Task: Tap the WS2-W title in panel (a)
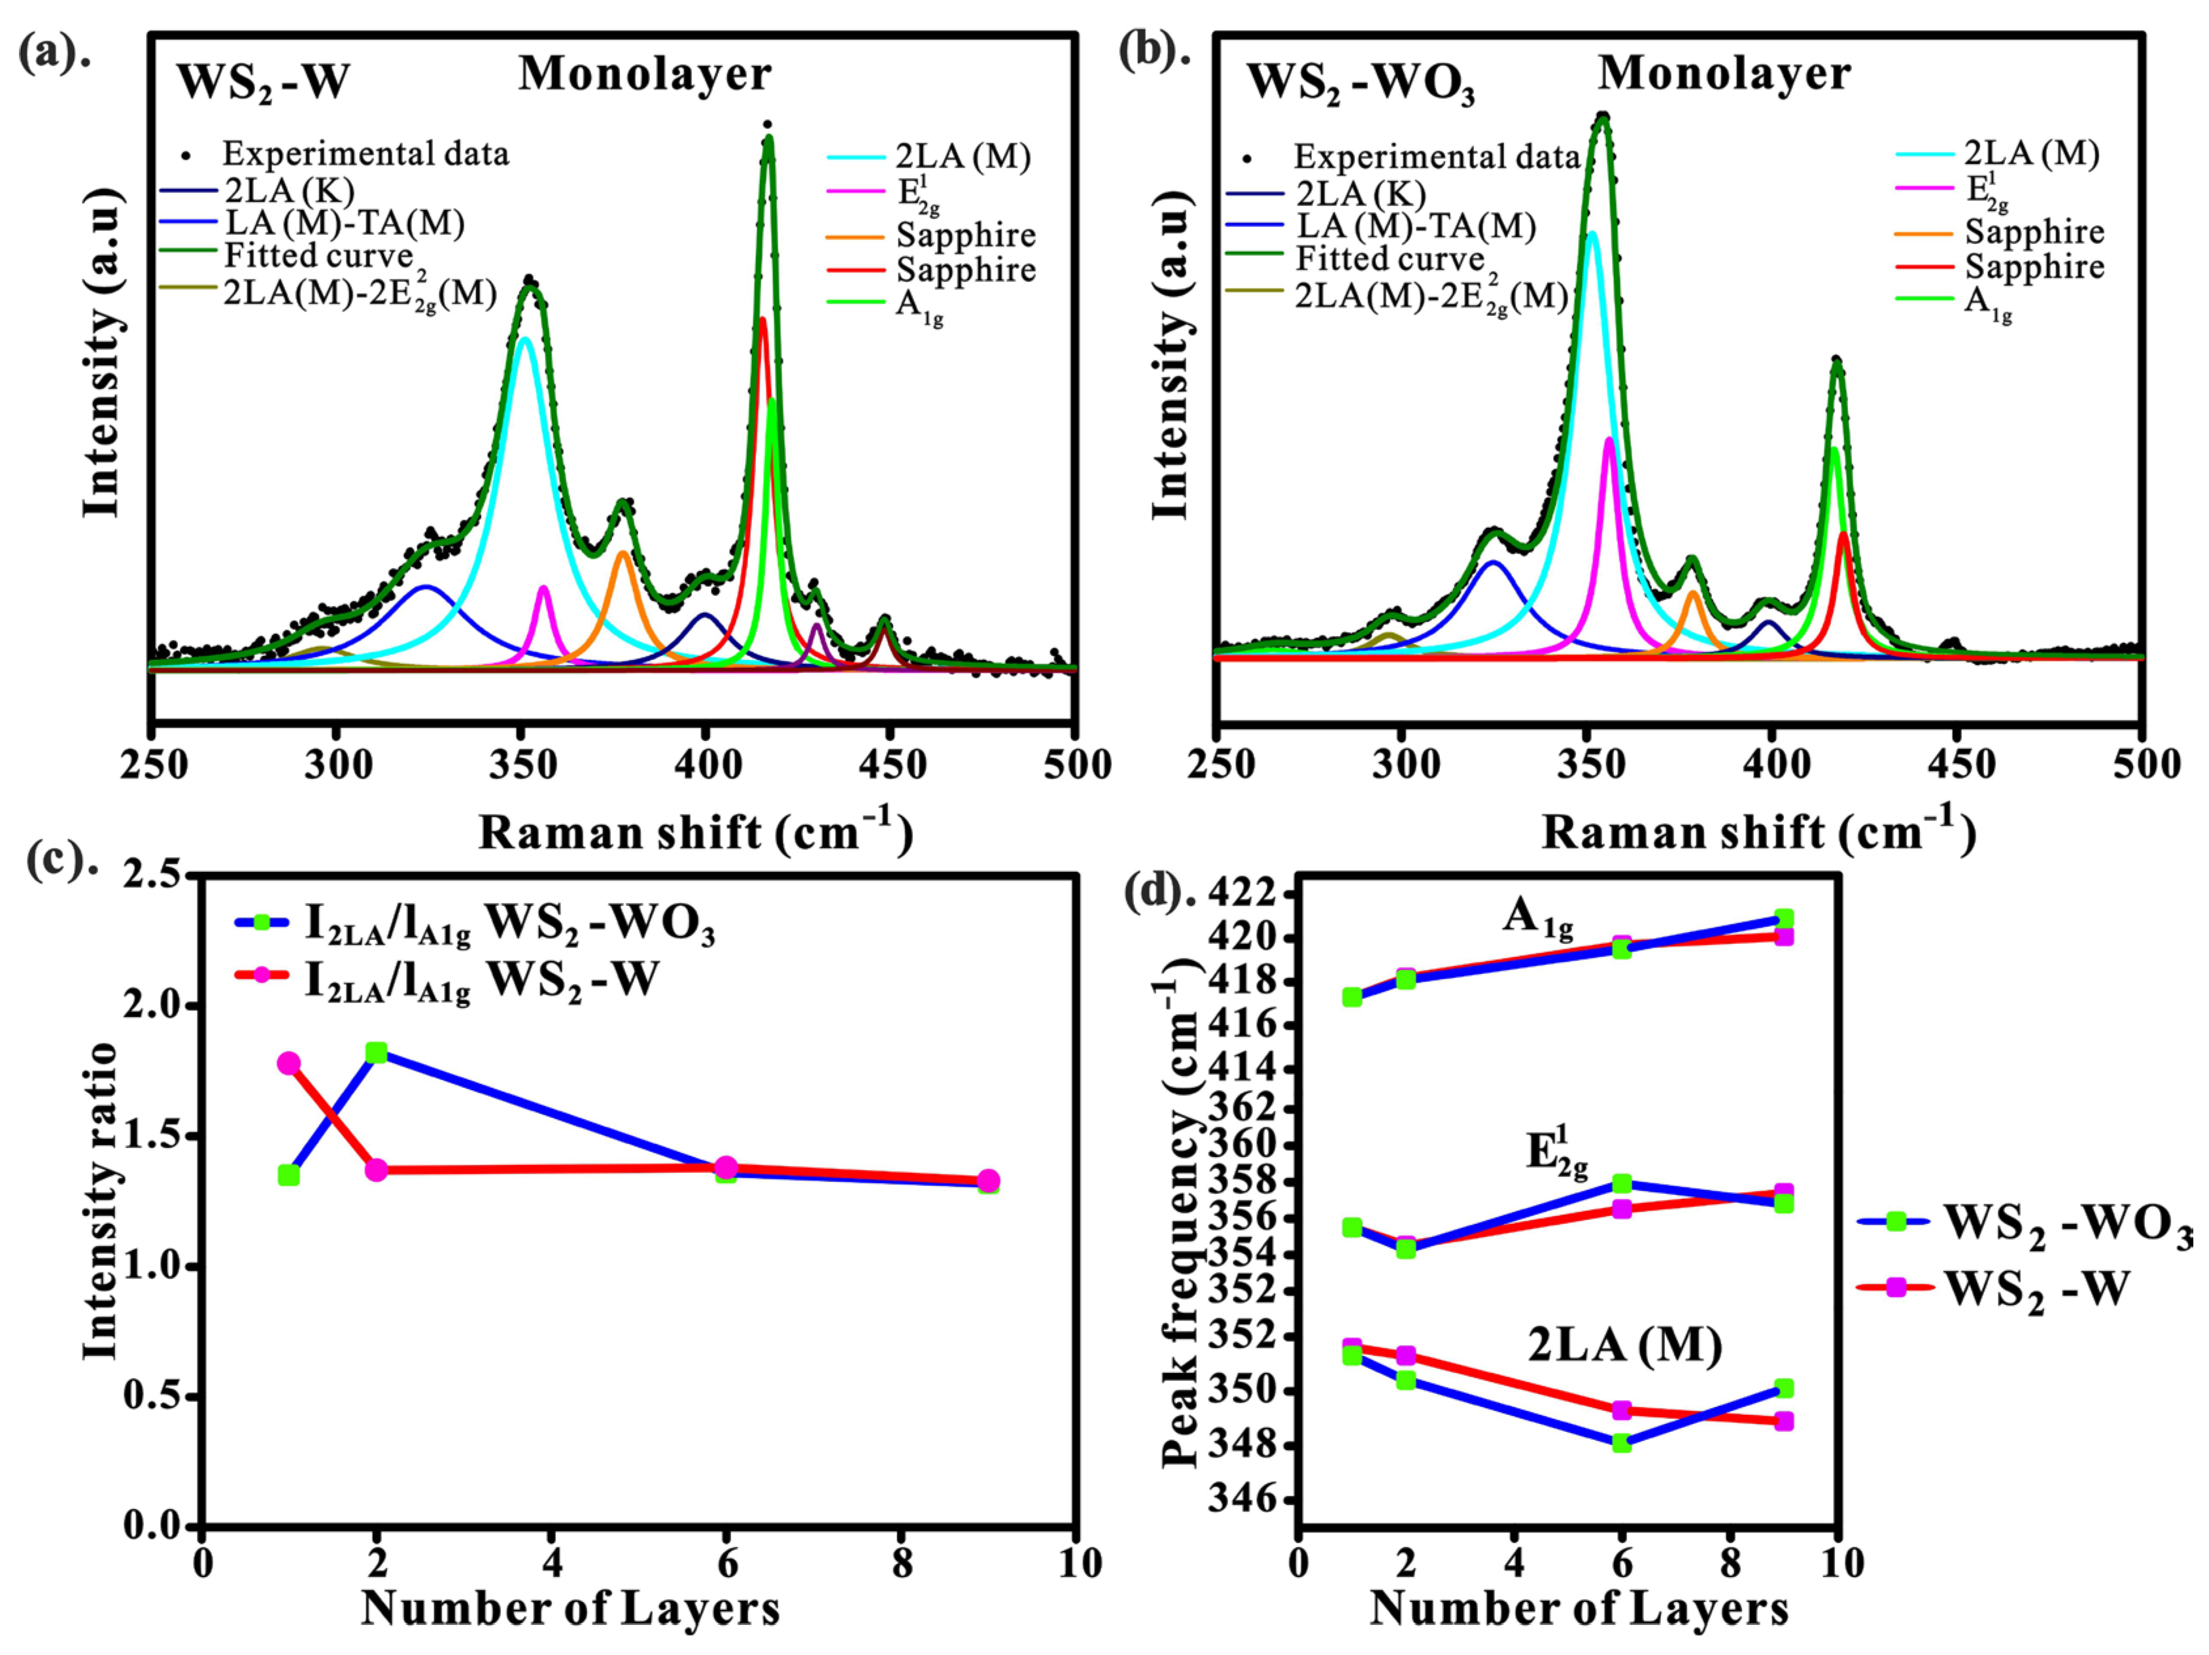(x=264, y=82)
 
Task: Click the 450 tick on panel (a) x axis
(x=889, y=766)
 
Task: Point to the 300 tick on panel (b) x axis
(x=1403, y=766)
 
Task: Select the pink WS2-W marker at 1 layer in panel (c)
(x=288, y=1064)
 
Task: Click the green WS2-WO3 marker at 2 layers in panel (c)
(x=377, y=1053)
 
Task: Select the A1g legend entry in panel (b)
(x=1987, y=303)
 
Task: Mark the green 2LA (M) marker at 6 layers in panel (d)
(x=1622, y=1443)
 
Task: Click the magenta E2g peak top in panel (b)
(x=1609, y=440)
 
